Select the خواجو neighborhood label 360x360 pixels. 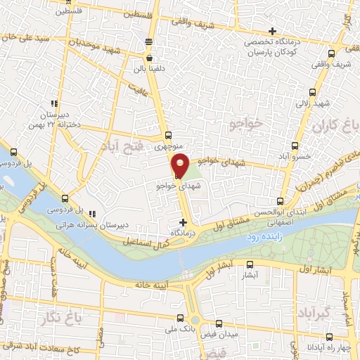tap(245, 124)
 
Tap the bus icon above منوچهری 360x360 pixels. tap(167, 136)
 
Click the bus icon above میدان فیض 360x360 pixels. tap(219, 324)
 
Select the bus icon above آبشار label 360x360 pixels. tap(250, 265)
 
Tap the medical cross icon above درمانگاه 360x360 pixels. tap(184, 221)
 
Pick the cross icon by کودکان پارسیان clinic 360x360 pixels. tap(273, 31)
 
